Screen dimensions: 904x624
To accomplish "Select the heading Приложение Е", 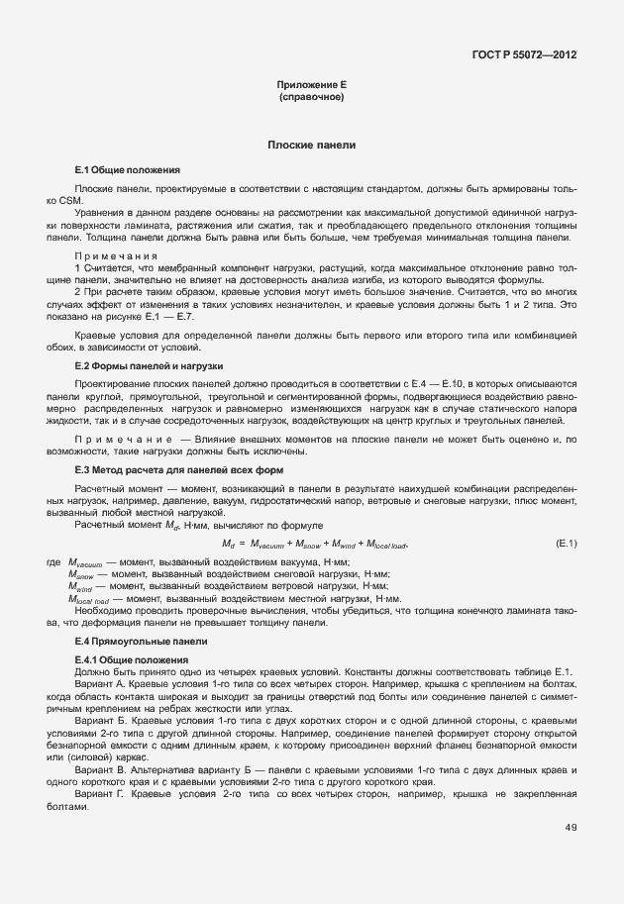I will point(311,86).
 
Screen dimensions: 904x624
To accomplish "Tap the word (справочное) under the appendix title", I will point(311,98).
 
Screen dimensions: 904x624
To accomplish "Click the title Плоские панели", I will point(311,146).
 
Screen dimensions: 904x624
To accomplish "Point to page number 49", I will point(571,828).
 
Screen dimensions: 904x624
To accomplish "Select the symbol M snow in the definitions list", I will point(83,574).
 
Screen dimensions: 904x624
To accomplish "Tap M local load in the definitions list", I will point(87,599).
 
